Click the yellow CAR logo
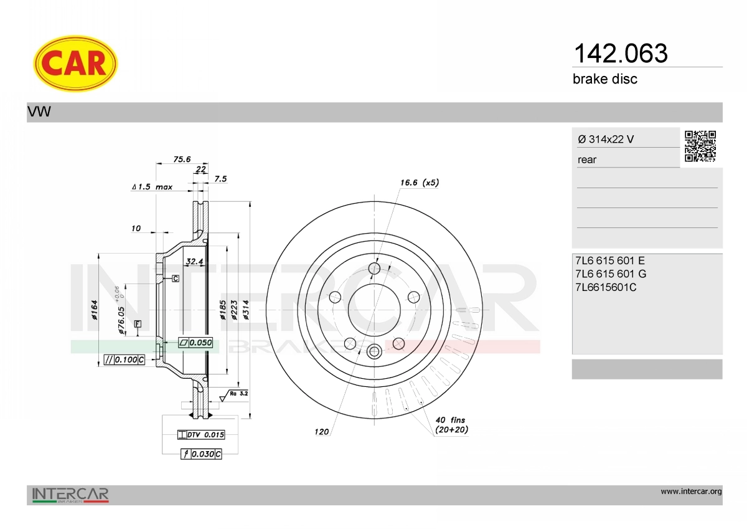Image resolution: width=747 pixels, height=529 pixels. pos(75,64)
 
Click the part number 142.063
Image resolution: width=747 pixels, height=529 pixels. pos(621,54)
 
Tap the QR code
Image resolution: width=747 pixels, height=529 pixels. pos(700,146)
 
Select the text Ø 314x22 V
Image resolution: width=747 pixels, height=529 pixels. pos(606,139)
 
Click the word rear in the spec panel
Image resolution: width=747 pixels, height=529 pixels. pos(587,160)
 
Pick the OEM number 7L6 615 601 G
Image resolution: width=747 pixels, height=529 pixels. pos(611,274)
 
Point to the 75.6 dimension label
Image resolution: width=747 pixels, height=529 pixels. pos(182,160)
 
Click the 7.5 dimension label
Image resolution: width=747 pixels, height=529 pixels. pos(220,179)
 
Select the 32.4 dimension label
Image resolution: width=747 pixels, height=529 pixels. pos(194,261)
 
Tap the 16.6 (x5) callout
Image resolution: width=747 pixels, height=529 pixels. pos(420,183)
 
